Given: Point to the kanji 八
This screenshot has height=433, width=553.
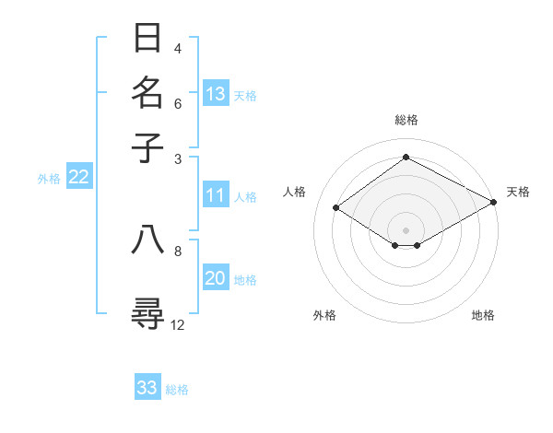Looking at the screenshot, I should [149, 240].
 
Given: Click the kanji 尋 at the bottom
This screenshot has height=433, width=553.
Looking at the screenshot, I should [149, 312].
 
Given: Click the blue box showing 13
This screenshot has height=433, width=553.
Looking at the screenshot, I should [216, 94].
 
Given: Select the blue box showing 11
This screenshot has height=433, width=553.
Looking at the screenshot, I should [216, 195].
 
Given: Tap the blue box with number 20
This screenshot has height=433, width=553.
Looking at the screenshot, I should [216, 279].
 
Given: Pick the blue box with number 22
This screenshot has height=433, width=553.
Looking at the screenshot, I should [78, 178].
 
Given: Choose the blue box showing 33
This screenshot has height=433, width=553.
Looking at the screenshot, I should [147, 388].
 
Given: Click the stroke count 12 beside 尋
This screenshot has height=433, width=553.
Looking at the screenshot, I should [178, 324].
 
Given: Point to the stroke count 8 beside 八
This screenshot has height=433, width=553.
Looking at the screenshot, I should [178, 250].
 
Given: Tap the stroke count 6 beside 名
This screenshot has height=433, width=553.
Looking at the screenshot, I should [178, 103].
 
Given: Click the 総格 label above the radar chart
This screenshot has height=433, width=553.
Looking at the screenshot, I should [406, 120].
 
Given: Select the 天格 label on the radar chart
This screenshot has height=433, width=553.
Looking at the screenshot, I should [518, 192].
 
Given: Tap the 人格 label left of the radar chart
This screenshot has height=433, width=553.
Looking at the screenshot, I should [295, 192].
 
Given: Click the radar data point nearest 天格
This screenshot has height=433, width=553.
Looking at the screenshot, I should [493, 203].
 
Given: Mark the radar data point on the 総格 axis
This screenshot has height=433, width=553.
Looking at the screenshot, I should [406, 157].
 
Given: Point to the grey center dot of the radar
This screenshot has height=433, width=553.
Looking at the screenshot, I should [406, 229].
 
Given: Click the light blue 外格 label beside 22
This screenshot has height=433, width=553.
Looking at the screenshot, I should [49, 179].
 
